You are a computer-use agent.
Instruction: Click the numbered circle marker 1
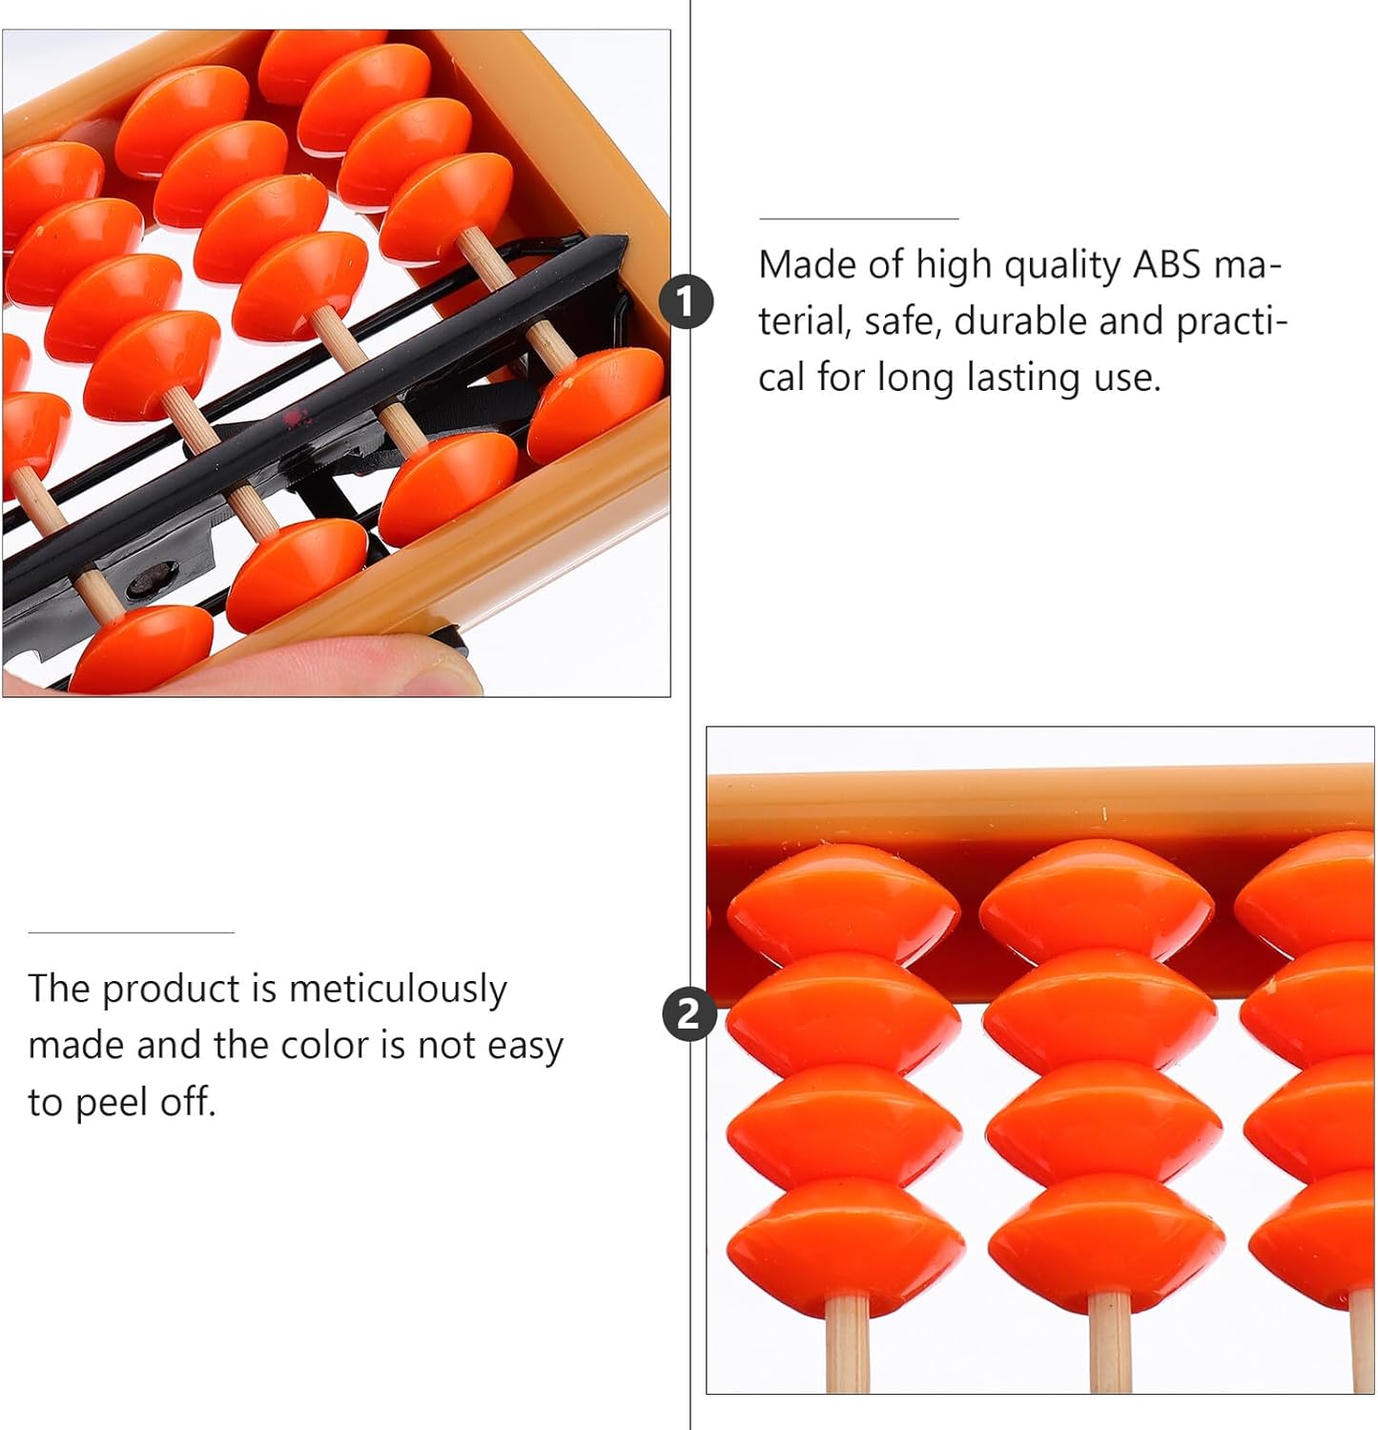pos(687,301)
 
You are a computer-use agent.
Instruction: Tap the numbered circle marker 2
pos(689,1012)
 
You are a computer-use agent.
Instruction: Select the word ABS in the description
pos(1167,264)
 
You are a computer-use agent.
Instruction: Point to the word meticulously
pos(398,990)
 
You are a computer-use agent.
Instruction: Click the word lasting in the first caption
pos(1025,378)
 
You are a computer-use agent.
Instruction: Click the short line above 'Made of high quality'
pos(858,218)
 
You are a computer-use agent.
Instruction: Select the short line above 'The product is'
pos(131,932)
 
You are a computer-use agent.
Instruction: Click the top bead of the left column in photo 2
pos(842,903)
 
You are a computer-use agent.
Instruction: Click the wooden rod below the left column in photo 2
pos(847,1343)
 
